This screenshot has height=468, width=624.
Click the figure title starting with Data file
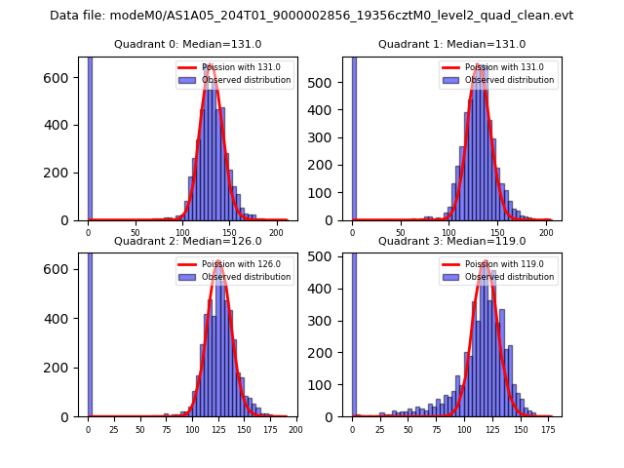[311, 16]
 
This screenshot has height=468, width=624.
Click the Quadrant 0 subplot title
[187, 44]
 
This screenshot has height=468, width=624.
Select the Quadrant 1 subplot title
[451, 44]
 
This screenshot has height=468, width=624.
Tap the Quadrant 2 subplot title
[187, 241]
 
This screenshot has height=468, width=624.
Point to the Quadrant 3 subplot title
[451, 241]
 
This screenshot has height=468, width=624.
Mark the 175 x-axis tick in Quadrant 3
[550, 429]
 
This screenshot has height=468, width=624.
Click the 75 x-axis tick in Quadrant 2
[166, 429]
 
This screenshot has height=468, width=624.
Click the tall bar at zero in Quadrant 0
[90, 136]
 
